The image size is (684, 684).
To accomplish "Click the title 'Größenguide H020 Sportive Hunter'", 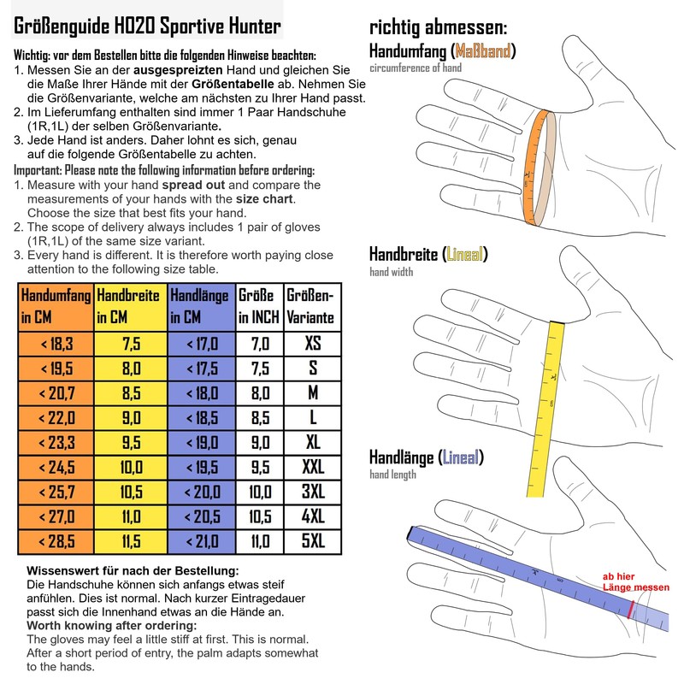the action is tap(147, 26).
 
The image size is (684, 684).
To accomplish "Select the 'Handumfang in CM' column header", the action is tap(56, 307).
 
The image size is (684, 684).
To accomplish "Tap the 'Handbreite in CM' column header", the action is tap(131, 307).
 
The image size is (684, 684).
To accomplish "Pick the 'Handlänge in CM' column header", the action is tap(201, 307).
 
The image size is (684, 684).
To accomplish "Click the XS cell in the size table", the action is tap(312, 344).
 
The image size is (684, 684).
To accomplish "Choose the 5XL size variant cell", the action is tap(312, 541).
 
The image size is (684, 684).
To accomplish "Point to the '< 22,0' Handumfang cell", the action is tap(56, 418).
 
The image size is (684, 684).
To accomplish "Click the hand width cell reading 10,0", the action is tap(131, 468).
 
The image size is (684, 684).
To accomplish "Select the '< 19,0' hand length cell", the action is tap(201, 443).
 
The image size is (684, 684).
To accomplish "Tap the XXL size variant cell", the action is tap(312, 468).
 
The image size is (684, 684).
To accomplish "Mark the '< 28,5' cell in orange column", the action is tap(56, 541).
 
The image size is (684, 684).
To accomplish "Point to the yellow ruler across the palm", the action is tap(545, 409).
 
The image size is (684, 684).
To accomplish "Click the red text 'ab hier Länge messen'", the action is tap(635, 582).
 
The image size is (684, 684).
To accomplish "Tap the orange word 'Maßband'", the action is tap(482, 51).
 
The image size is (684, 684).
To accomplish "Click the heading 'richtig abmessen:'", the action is tap(438, 27).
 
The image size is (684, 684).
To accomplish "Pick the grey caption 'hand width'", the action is tap(391, 272).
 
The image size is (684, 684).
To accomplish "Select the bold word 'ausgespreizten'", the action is tap(178, 70).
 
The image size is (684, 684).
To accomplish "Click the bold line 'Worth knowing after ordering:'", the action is tap(112, 626).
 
